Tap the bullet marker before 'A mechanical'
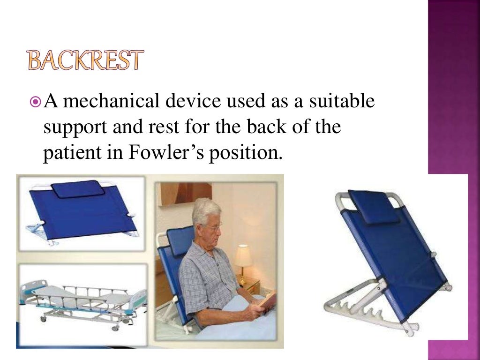coord(35,102)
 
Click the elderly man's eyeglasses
coord(214,227)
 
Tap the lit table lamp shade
coord(243,256)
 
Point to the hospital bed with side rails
coord(82,300)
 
